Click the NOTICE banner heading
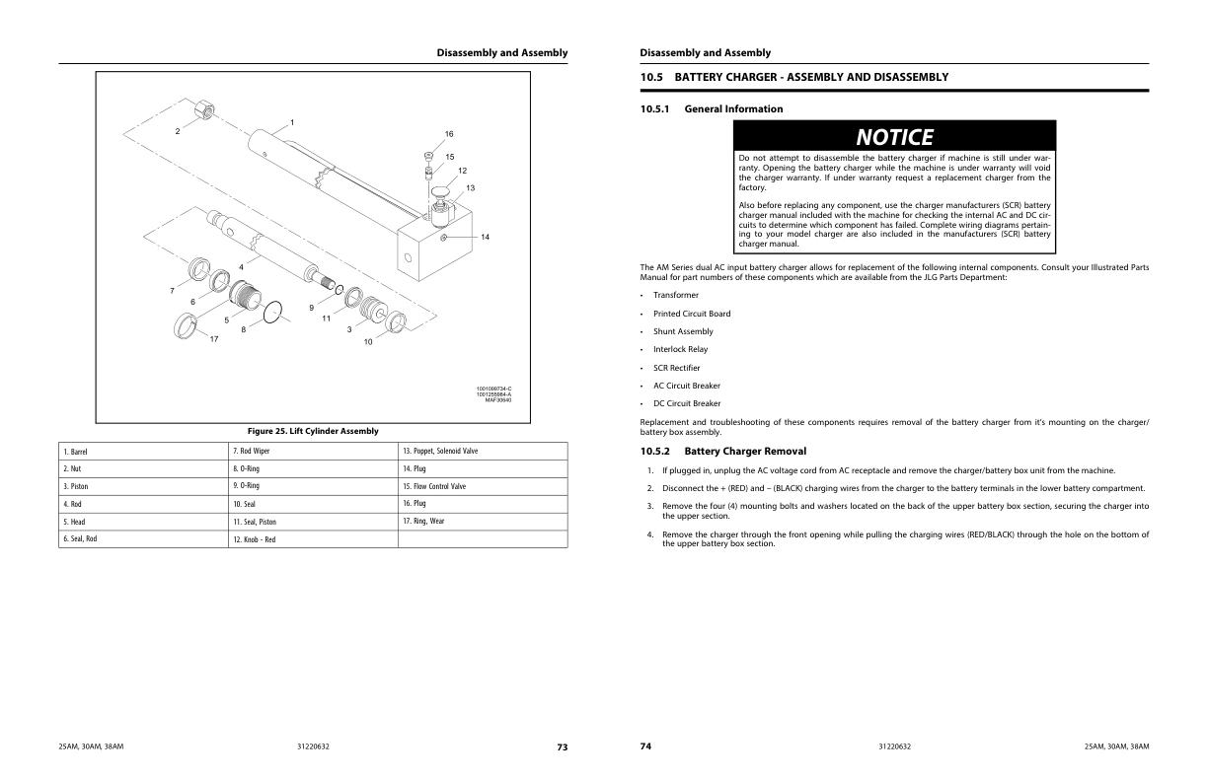(x=893, y=136)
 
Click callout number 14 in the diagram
(x=486, y=237)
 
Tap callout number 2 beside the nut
(x=178, y=131)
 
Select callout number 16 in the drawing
(x=449, y=134)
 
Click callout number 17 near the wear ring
(x=214, y=339)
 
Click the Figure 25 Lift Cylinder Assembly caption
(x=312, y=431)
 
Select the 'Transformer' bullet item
(x=675, y=295)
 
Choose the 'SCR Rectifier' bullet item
(x=676, y=368)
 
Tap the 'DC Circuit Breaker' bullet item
(x=686, y=403)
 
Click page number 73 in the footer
(x=562, y=746)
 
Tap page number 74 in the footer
(x=645, y=746)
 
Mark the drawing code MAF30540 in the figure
(x=497, y=399)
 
